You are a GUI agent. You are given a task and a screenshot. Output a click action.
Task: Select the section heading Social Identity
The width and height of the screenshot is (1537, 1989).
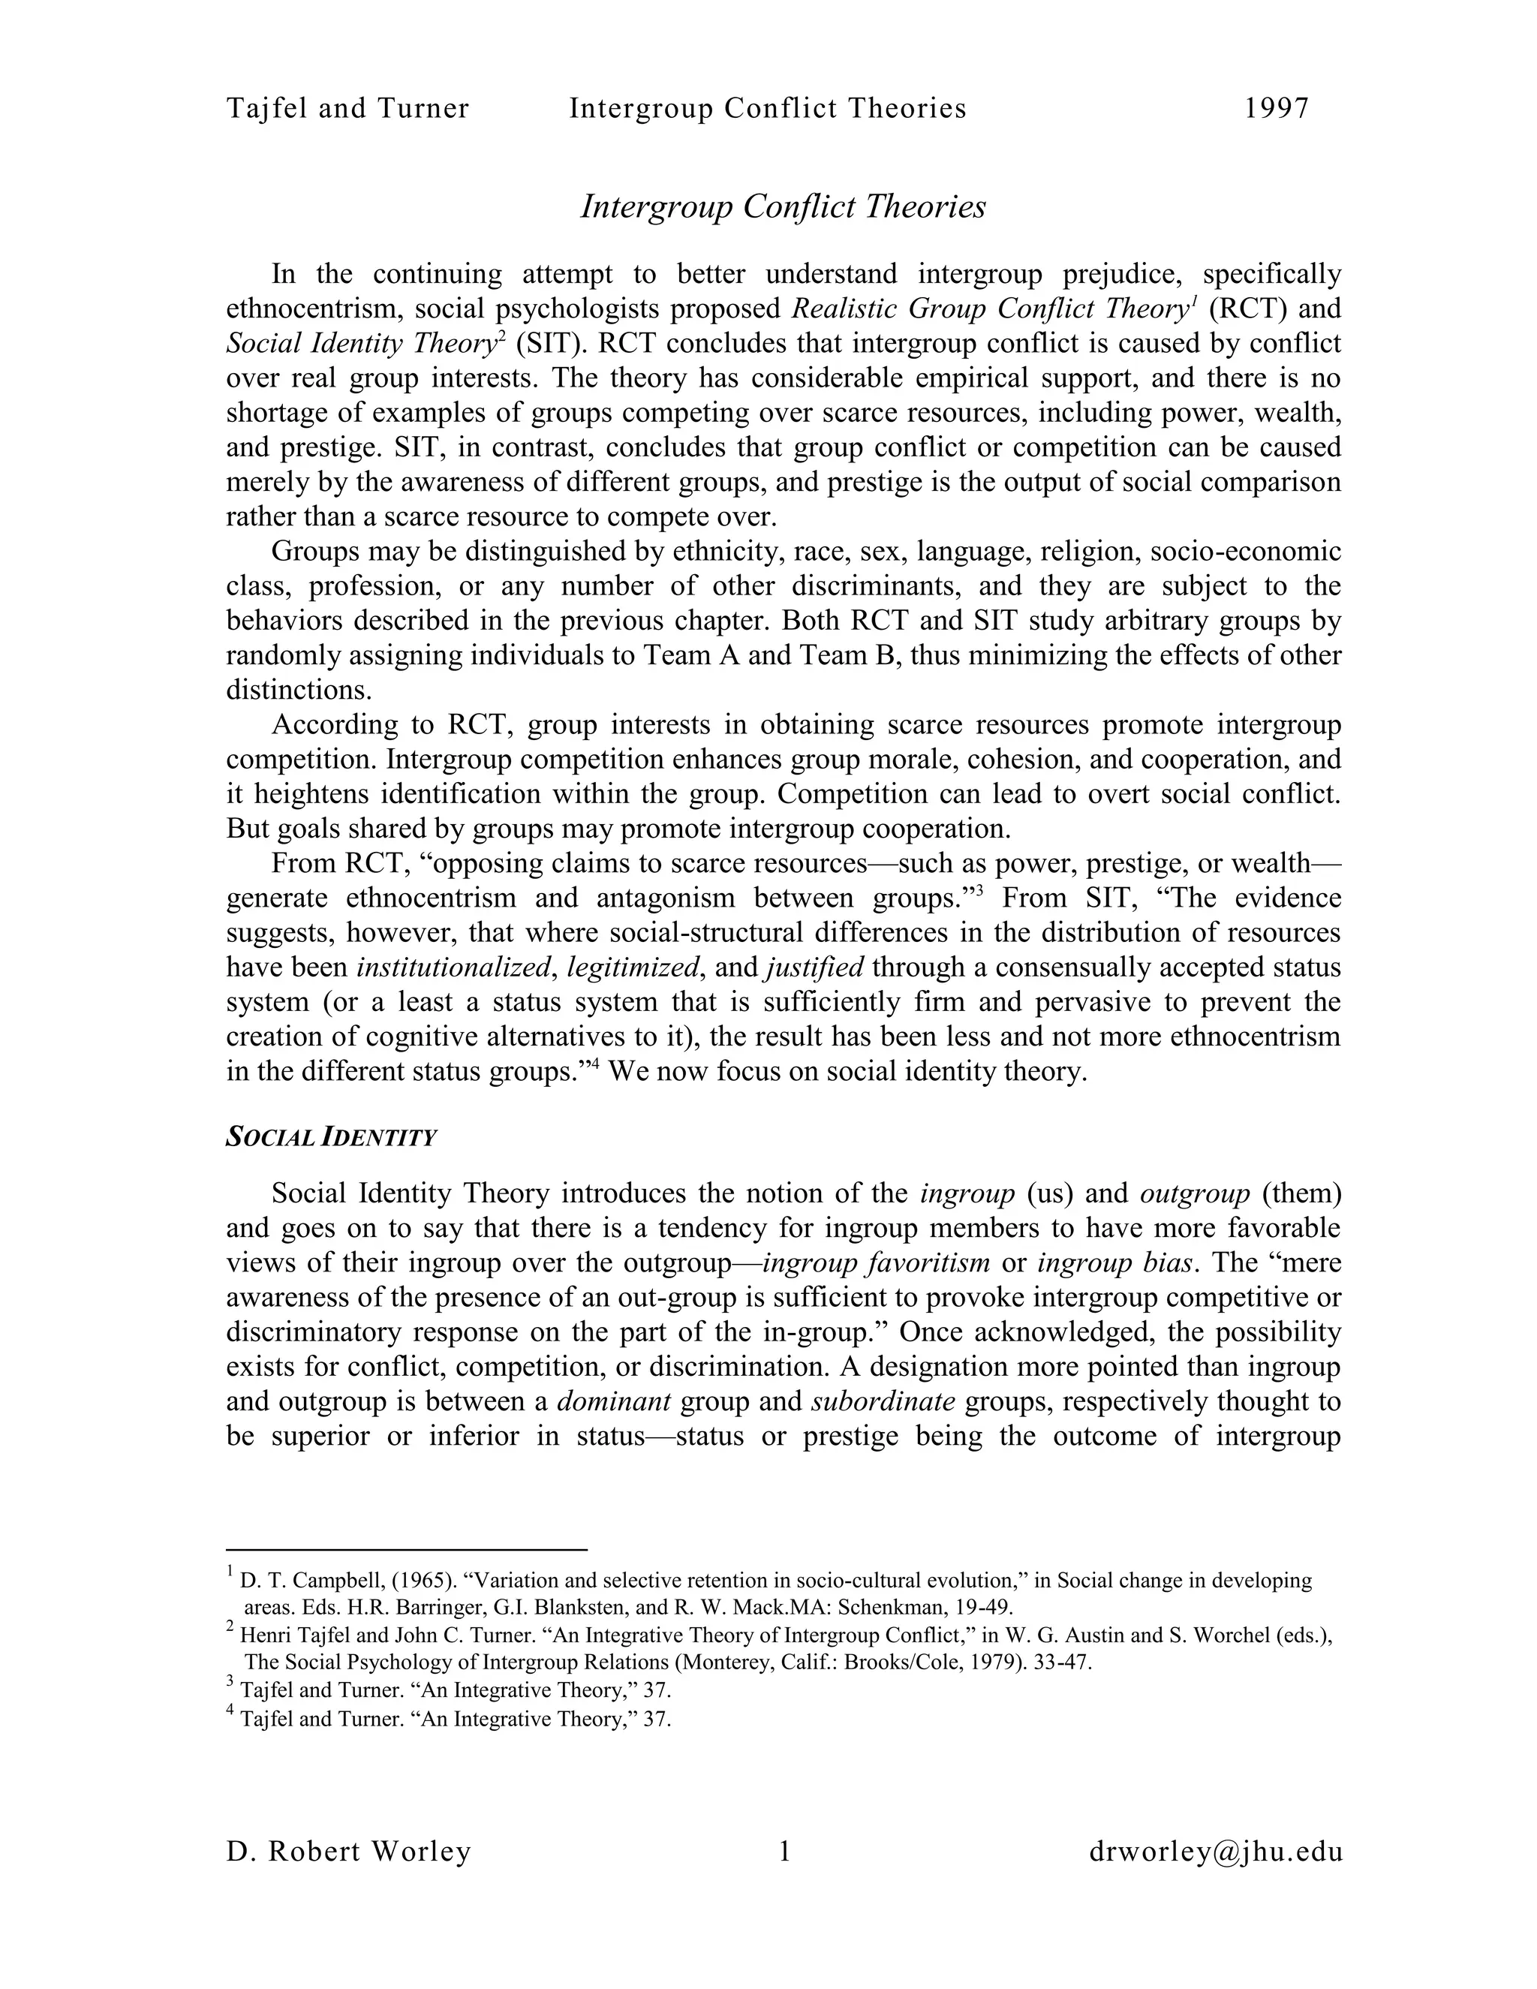click(x=332, y=1137)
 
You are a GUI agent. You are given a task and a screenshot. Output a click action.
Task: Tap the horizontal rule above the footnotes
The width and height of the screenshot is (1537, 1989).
click(x=406, y=1548)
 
